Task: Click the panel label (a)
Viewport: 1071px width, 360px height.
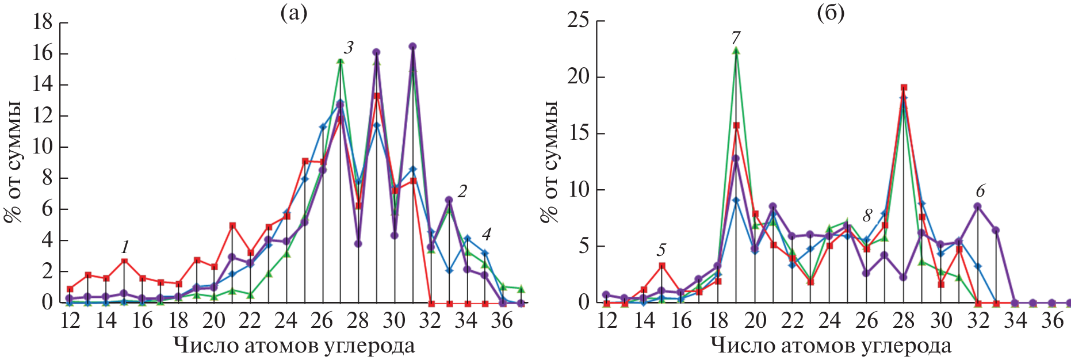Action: (x=293, y=13)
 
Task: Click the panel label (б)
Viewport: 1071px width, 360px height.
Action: (x=831, y=13)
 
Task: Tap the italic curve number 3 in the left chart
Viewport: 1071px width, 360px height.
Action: (x=349, y=48)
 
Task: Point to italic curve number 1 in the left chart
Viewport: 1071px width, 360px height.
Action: (x=125, y=248)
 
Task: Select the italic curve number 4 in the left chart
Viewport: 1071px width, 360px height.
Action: (x=486, y=234)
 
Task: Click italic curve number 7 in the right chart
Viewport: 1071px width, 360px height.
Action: (x=736, y=37)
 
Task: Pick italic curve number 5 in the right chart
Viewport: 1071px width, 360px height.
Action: (x=661, y=250)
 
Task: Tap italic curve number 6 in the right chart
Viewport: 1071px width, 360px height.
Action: (x=980, y=190)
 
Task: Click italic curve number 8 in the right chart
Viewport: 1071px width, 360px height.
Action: (x=867, y=216)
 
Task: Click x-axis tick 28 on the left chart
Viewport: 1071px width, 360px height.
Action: (x=358, y=320)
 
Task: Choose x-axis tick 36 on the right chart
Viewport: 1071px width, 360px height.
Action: (x=1052, y=320)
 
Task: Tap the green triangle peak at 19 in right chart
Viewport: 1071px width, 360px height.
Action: (x=736, y=51)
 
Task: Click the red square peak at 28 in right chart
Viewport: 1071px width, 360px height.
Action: (x=904, y=88)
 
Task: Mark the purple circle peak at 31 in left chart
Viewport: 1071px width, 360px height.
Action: (x=412, y=47)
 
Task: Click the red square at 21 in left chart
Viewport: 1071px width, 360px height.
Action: (x=232, y=225)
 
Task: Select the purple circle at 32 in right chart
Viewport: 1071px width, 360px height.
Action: (x=977, y=206)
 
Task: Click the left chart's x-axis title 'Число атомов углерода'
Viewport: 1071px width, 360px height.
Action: (x=294, y=346)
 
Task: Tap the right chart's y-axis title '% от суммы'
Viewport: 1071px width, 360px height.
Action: (x=549, y=161)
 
